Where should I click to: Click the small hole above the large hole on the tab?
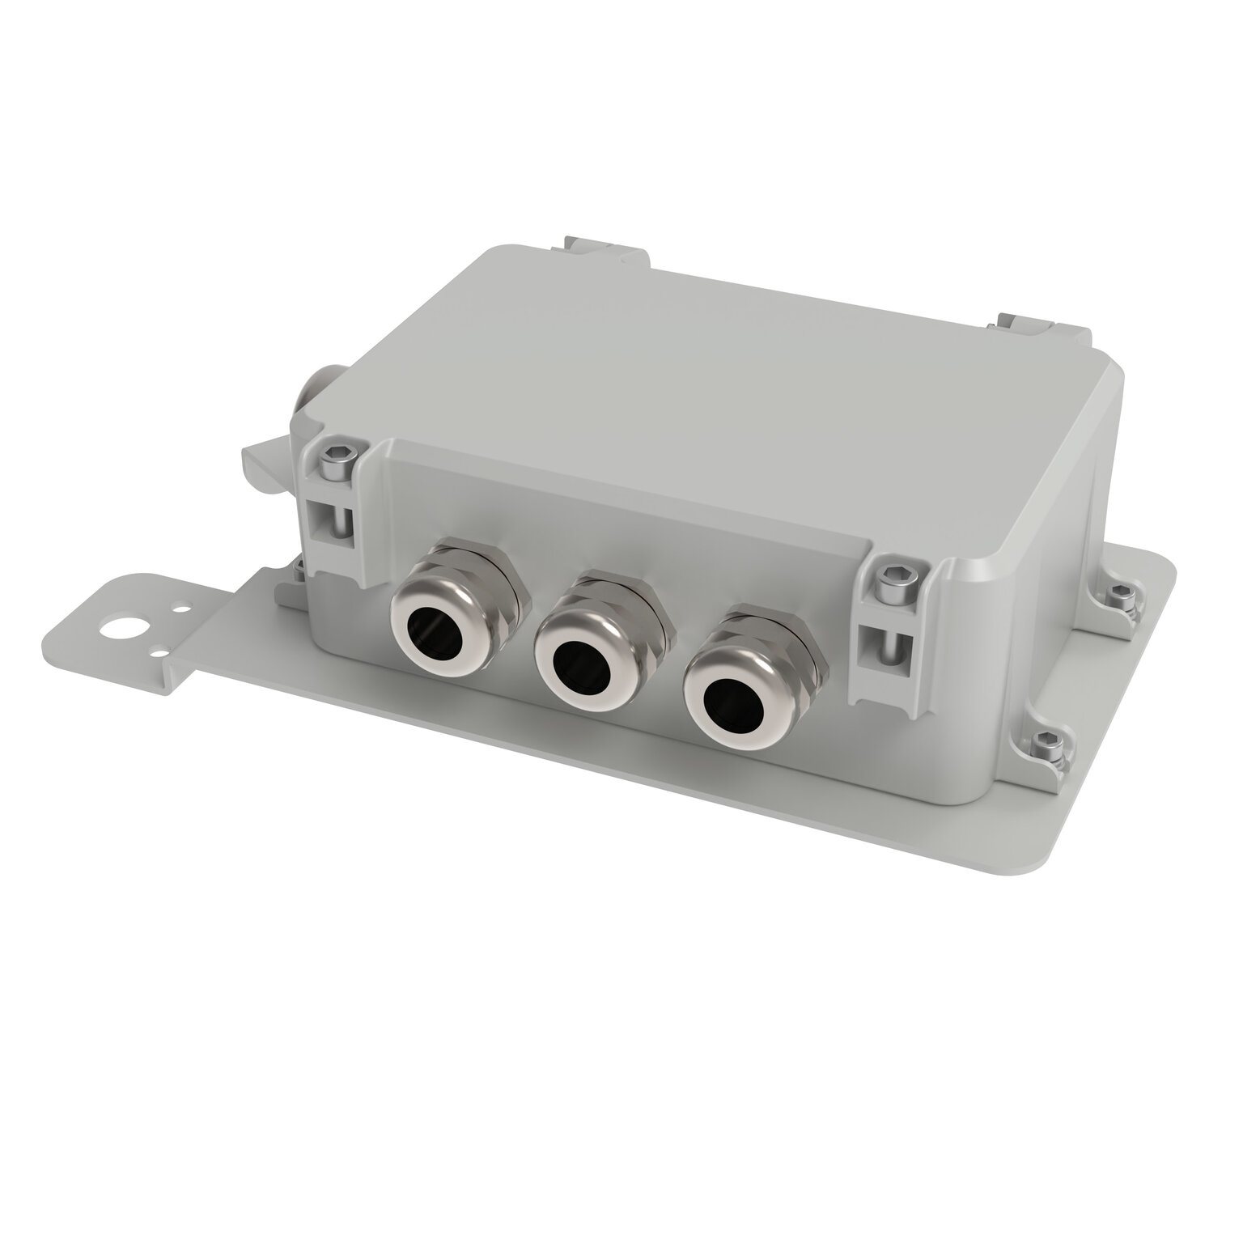pos(186,604)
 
